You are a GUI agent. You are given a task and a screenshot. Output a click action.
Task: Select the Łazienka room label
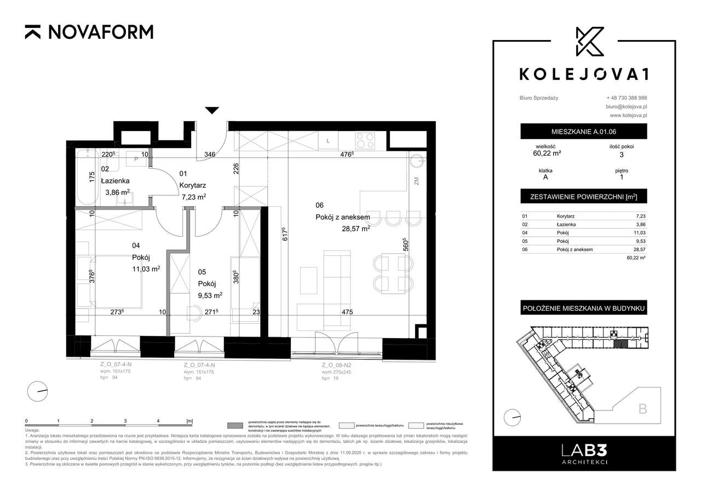pos(115,180)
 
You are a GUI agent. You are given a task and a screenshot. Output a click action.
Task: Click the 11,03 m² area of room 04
pos(146,269)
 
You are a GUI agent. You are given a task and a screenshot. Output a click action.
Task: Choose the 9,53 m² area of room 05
pos(210,295)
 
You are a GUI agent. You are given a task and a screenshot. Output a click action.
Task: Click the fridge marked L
pos(328,141)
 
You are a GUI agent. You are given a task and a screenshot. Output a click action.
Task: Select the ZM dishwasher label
pos(416,181)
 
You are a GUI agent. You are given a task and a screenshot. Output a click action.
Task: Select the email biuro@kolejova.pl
pos(627,107)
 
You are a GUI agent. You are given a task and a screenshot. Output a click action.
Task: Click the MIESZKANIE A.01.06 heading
pos(583,132)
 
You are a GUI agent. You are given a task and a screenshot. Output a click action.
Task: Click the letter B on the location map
pos(642,408)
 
